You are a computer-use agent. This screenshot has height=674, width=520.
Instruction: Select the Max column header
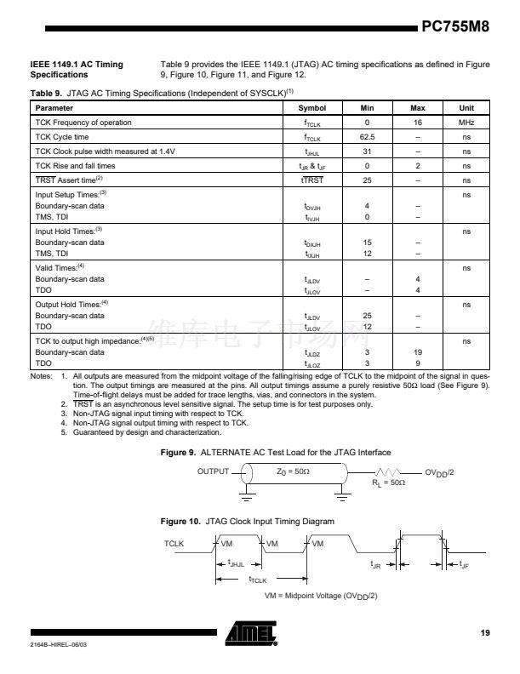pyautogui.click(x=418, y=108)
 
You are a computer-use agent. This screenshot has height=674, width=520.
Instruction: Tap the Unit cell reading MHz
pyautogui.click(x=466, y=123)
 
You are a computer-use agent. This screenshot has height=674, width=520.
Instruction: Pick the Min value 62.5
pyautogui.click(x=367, y=137)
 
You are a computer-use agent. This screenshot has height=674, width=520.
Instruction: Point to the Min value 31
pyautogui.click(x=367, y=151)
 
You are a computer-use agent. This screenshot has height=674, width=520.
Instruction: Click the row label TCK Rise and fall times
pyautogui.click(x=75, y=166)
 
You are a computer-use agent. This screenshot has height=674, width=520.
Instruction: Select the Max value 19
pyautogui.click(x=418, y=351)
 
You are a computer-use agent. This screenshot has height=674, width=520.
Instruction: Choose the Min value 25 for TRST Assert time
pyautogui.click(x=367, y=180)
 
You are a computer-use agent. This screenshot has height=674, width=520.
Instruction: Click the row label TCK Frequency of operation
pyautogui.click(x=83, y=123)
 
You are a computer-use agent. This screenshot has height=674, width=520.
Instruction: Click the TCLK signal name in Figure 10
pyautogui.click(x=174, y=541)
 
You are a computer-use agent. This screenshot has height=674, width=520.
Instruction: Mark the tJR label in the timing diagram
pyautogui.click(x=375, y=563)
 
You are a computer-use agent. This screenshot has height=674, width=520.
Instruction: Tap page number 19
pyautogui.click(x=485, y=632)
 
